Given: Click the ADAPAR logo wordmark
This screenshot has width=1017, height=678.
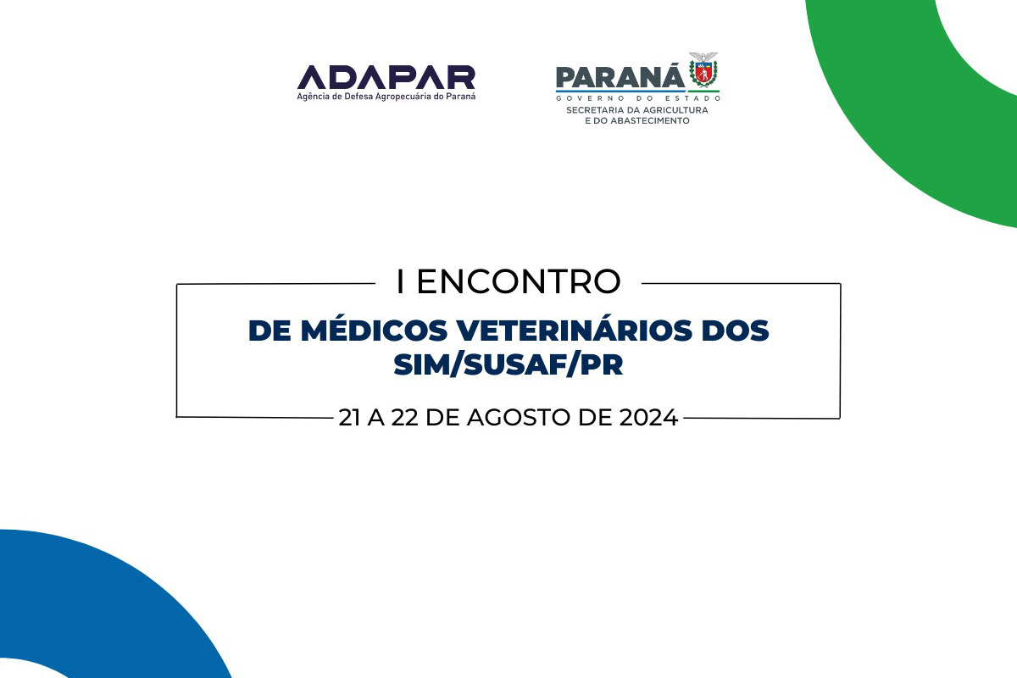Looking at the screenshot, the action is [386, 77].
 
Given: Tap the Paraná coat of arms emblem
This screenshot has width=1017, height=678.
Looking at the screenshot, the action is [703, 70].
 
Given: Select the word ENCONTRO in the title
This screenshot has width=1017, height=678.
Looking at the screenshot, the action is [519, 282].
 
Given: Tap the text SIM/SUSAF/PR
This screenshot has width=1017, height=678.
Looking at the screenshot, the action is [508, 364].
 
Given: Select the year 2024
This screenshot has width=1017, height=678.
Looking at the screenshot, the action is [648, 417].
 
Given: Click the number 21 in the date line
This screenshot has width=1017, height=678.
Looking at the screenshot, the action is [349, 417].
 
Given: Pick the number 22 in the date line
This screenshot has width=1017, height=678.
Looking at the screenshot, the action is [404, 417].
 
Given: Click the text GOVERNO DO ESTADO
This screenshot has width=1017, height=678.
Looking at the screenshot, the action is [638, 98].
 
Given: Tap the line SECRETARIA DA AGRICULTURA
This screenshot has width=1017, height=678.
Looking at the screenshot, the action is [637, 110].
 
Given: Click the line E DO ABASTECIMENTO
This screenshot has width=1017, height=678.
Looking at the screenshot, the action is [637, 121].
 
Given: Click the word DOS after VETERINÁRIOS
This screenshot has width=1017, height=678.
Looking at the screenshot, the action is [735, 331].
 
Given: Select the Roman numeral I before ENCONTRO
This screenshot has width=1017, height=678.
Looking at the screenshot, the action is [400, 282].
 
